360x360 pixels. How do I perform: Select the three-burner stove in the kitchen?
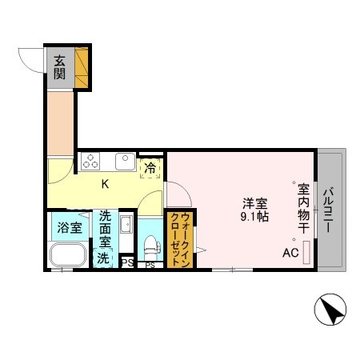tap(90, 162)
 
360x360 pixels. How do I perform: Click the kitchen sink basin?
tap(125, 162)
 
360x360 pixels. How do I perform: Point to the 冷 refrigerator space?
tap(150, 167)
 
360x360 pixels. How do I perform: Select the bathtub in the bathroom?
tap(68, 255)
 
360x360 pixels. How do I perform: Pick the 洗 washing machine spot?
tap(103, 258)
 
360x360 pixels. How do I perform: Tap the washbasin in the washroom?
tap(125, 224)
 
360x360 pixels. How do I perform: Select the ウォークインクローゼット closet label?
tap(179, 238)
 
